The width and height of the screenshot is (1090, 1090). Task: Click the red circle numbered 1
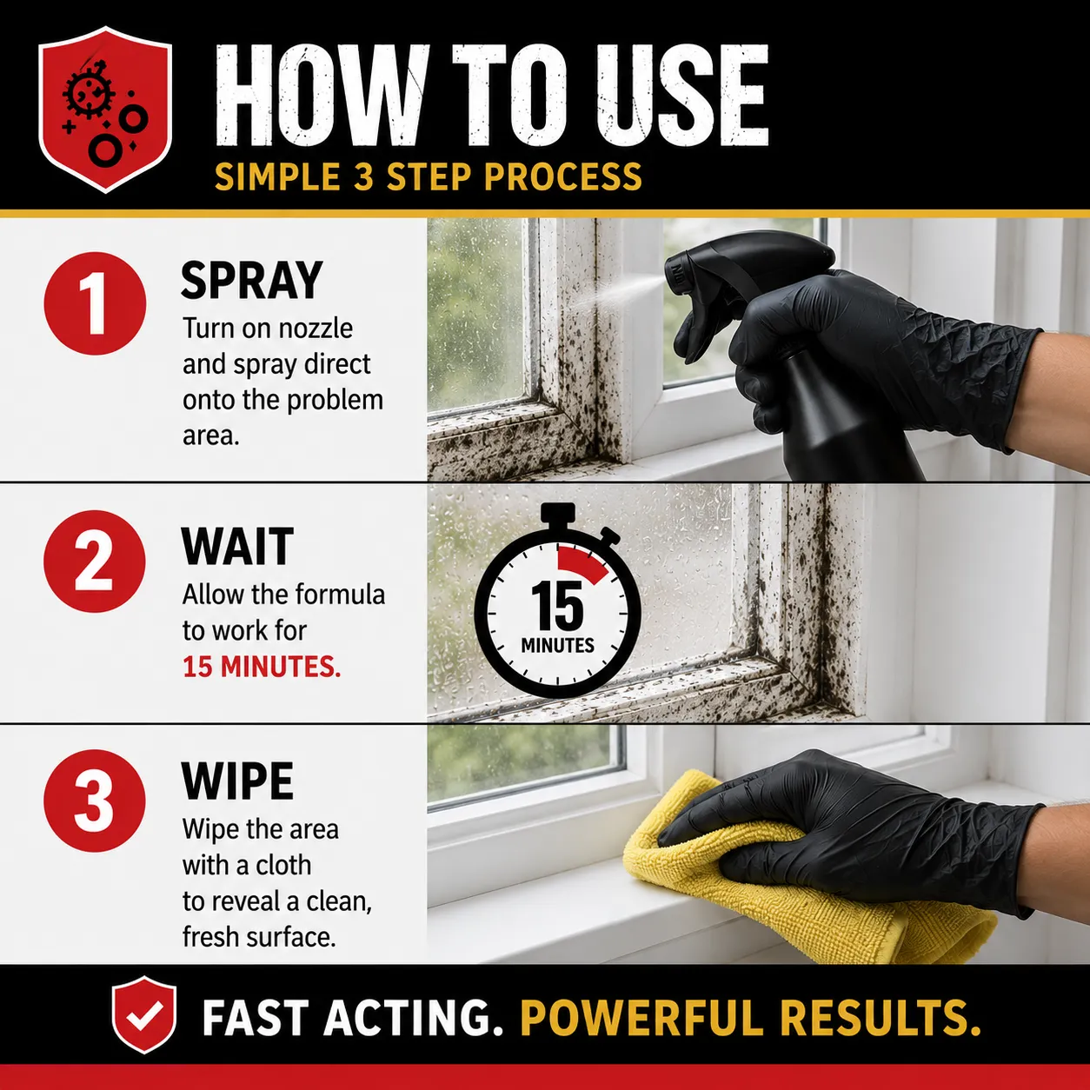[x=95, y=303]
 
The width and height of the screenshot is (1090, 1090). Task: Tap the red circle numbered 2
[x=95, y=562]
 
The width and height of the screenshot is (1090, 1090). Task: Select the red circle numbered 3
[x=95, y=801]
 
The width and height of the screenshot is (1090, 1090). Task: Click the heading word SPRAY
[x=251, y=281]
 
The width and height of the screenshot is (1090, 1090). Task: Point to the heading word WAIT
[x=237, y=546]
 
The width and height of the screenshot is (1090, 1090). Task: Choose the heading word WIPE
[x=237, y=781]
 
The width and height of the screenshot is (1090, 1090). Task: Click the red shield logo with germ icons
[x=105, y=110]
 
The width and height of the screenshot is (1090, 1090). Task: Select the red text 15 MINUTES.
[x=262, y=668]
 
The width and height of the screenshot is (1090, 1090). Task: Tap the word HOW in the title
[x=322, y=96]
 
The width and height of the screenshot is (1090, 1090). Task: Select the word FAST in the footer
[x=256, y=1017]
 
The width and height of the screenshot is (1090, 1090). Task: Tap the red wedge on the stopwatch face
[x=582, y=563]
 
